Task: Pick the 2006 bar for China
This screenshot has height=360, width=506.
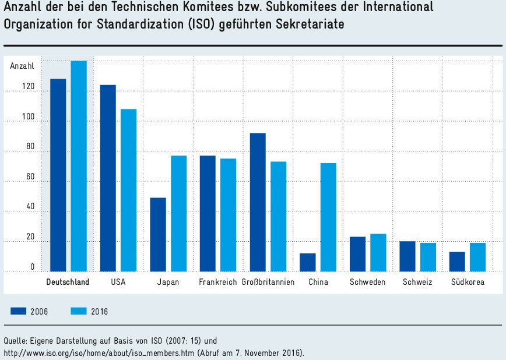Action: pyautogui.click(x=307, y=262)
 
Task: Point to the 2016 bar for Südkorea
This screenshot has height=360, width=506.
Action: pyautogui.click(x=477, y=257)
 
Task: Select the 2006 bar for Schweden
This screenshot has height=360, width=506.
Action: pyautogui.click(x=357, y=254)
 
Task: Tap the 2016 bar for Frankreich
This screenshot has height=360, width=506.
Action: pyautogui.click(x=228, y=215)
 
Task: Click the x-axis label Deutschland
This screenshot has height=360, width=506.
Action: pyautogui.click(x=68, y=283)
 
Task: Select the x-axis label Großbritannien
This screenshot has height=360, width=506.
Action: pyautogui.click(x=268, y=283)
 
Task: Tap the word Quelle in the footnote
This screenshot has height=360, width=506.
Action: pyautogui.click(x=15, y=340)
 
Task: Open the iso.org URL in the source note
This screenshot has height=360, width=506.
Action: pyautogui.click(x=99, y=353)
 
